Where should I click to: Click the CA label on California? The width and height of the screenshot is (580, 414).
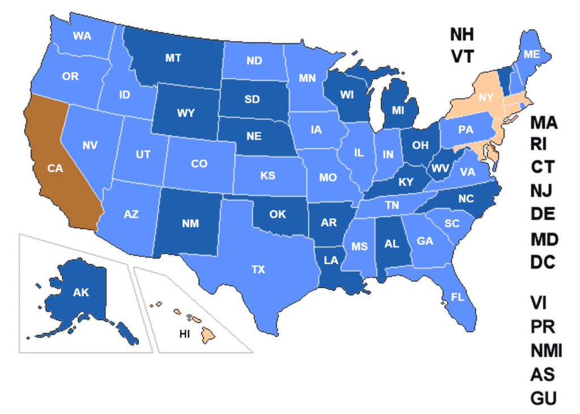55,168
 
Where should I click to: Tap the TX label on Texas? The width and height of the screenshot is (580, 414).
258,270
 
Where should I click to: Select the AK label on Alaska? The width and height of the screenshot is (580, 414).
81,292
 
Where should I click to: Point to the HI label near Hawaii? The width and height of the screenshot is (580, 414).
185,334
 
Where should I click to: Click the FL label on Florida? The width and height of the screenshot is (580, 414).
458,296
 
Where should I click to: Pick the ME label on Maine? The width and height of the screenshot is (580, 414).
531,54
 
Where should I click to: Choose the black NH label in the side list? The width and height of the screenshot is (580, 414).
462,34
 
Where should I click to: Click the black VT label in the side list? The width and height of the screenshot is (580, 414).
462,56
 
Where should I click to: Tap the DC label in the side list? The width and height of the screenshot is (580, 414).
543,262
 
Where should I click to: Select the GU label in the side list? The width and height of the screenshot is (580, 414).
544,398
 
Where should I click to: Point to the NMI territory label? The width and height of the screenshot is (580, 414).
546,351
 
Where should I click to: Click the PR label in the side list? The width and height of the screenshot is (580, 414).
543,327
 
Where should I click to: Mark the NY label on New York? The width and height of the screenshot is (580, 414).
485,98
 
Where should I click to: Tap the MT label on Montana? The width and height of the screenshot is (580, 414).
173,58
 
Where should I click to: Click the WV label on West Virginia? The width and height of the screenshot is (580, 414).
440,168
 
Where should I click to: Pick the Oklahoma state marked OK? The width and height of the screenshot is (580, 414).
278,214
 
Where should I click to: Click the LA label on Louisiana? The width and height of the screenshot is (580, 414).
331,260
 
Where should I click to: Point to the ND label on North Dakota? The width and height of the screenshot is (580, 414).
254,61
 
